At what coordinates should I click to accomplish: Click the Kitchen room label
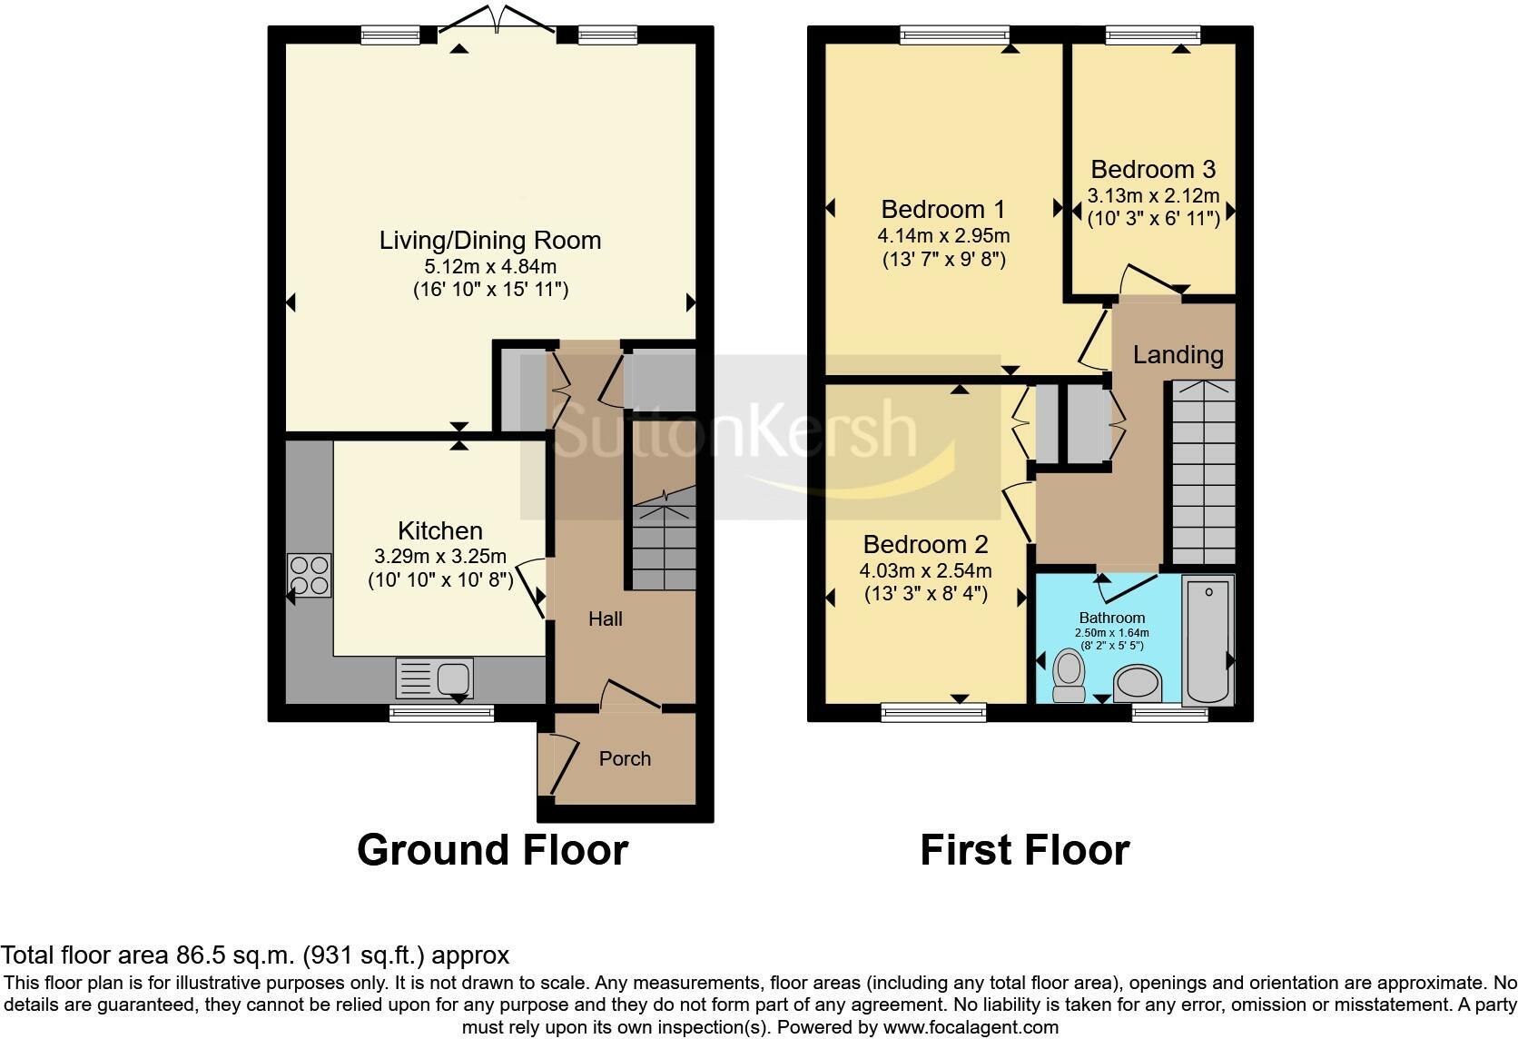(439, 530)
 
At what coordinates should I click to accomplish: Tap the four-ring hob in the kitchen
(309, 575)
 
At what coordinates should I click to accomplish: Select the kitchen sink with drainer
(434, 678)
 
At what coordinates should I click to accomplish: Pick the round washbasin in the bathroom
(1138, 682)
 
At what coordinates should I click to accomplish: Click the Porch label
(625, 758)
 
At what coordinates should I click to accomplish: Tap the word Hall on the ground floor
(605, 618)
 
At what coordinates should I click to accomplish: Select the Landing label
(1178, 354)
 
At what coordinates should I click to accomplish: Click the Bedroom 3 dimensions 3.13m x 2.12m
(1153, 195)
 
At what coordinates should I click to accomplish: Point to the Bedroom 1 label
(942, 210)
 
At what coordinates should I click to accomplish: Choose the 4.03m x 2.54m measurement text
(925, 571)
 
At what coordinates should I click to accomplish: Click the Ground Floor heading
(492, 850)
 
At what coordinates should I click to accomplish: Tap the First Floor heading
(1024, 850)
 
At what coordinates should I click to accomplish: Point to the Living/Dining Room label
(490, 241)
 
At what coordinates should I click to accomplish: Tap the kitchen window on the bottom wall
(441, 714)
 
